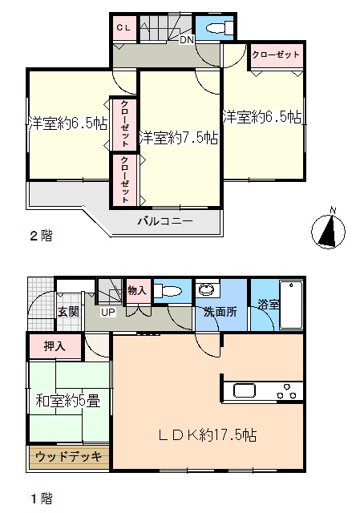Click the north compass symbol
(328, 229)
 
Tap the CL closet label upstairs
(123, 28)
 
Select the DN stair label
(187, 40)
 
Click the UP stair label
(108, 312)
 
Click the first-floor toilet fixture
(168, 290)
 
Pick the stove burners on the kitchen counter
(286, 391)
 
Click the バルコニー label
(165, 221)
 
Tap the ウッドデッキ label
(68, 456)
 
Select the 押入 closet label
(55, 346)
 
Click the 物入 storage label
(137, 290)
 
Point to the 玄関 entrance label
(68, 312)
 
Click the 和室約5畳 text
(67, 401)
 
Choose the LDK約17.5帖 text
(208, 435)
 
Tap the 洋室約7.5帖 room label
(179, 138)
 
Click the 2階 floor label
(41, 236)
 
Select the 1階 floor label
(41, 499)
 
